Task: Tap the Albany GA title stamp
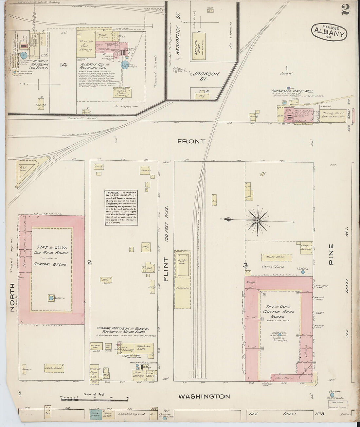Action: [329, 32]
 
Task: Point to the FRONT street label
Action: [191, 141]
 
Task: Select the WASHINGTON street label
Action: [204, 396]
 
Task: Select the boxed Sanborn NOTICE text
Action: [121, 207]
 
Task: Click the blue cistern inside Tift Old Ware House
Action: [51, 298]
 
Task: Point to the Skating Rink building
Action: [199, 45]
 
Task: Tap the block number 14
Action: [63, 65]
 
